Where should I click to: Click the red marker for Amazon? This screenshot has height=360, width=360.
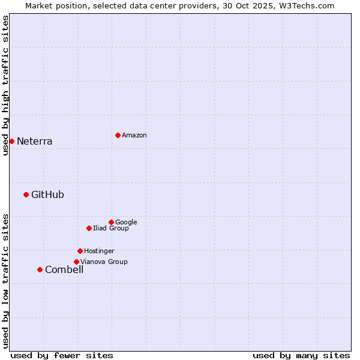(x=118, y=135)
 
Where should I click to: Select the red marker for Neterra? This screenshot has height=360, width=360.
(x=11, y=141)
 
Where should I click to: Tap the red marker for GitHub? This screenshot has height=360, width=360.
(x=26, y=194)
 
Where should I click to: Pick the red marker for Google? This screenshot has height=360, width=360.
(x=111, y=222)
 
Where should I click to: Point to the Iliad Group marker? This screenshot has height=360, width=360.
(x=89, y=228)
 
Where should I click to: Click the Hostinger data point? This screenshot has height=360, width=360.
(x=80, y=251)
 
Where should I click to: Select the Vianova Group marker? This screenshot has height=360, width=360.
(x=76, y=262)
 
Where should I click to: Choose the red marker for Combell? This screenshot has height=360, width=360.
(x=40, y=269)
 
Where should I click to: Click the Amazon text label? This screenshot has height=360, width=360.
(x=134, y=136)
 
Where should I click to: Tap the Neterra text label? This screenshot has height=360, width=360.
(x=35, y=142)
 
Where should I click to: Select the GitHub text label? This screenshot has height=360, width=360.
(x=47, y=194)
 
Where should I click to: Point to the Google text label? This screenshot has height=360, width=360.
(x=126, y=223)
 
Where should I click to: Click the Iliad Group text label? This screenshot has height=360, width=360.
(x=111, y=229)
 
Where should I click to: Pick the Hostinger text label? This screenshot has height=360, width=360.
(x=99, y=251)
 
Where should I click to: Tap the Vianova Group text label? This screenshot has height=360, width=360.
(x=104, y=262)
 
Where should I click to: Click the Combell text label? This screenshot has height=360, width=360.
(x=64, y=270)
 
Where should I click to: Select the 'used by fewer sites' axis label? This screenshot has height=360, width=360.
(x=62, y=355)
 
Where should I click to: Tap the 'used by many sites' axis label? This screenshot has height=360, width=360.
(x=301, y=355)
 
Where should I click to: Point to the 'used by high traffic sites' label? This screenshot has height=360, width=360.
(x=5, y=85)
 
